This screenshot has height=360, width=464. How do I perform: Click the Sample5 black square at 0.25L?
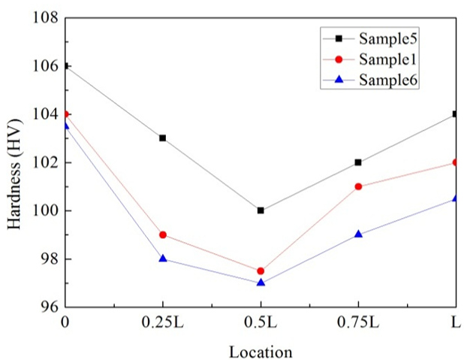tap(163, 138)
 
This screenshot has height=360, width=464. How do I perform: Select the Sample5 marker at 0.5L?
tap(261, 210)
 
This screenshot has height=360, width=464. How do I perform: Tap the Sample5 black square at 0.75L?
tap(358, 162)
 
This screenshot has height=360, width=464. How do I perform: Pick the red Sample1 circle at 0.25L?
tap(163, 234)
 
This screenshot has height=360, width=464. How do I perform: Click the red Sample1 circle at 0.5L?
tap(261, 271)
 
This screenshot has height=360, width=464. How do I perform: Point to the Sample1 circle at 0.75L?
tap(358, 186)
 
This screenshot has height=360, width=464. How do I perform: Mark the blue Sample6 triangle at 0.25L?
tap(163, 259)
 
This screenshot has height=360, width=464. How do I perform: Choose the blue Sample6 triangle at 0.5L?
tap(261, 283)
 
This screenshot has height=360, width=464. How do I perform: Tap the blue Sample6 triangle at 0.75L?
tap(358, 234)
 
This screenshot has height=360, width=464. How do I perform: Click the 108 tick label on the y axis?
tap(44, 17)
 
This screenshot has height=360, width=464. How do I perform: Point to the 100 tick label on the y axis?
tap(44, 210)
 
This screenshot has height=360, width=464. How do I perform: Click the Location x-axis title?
tap(261, 350)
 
